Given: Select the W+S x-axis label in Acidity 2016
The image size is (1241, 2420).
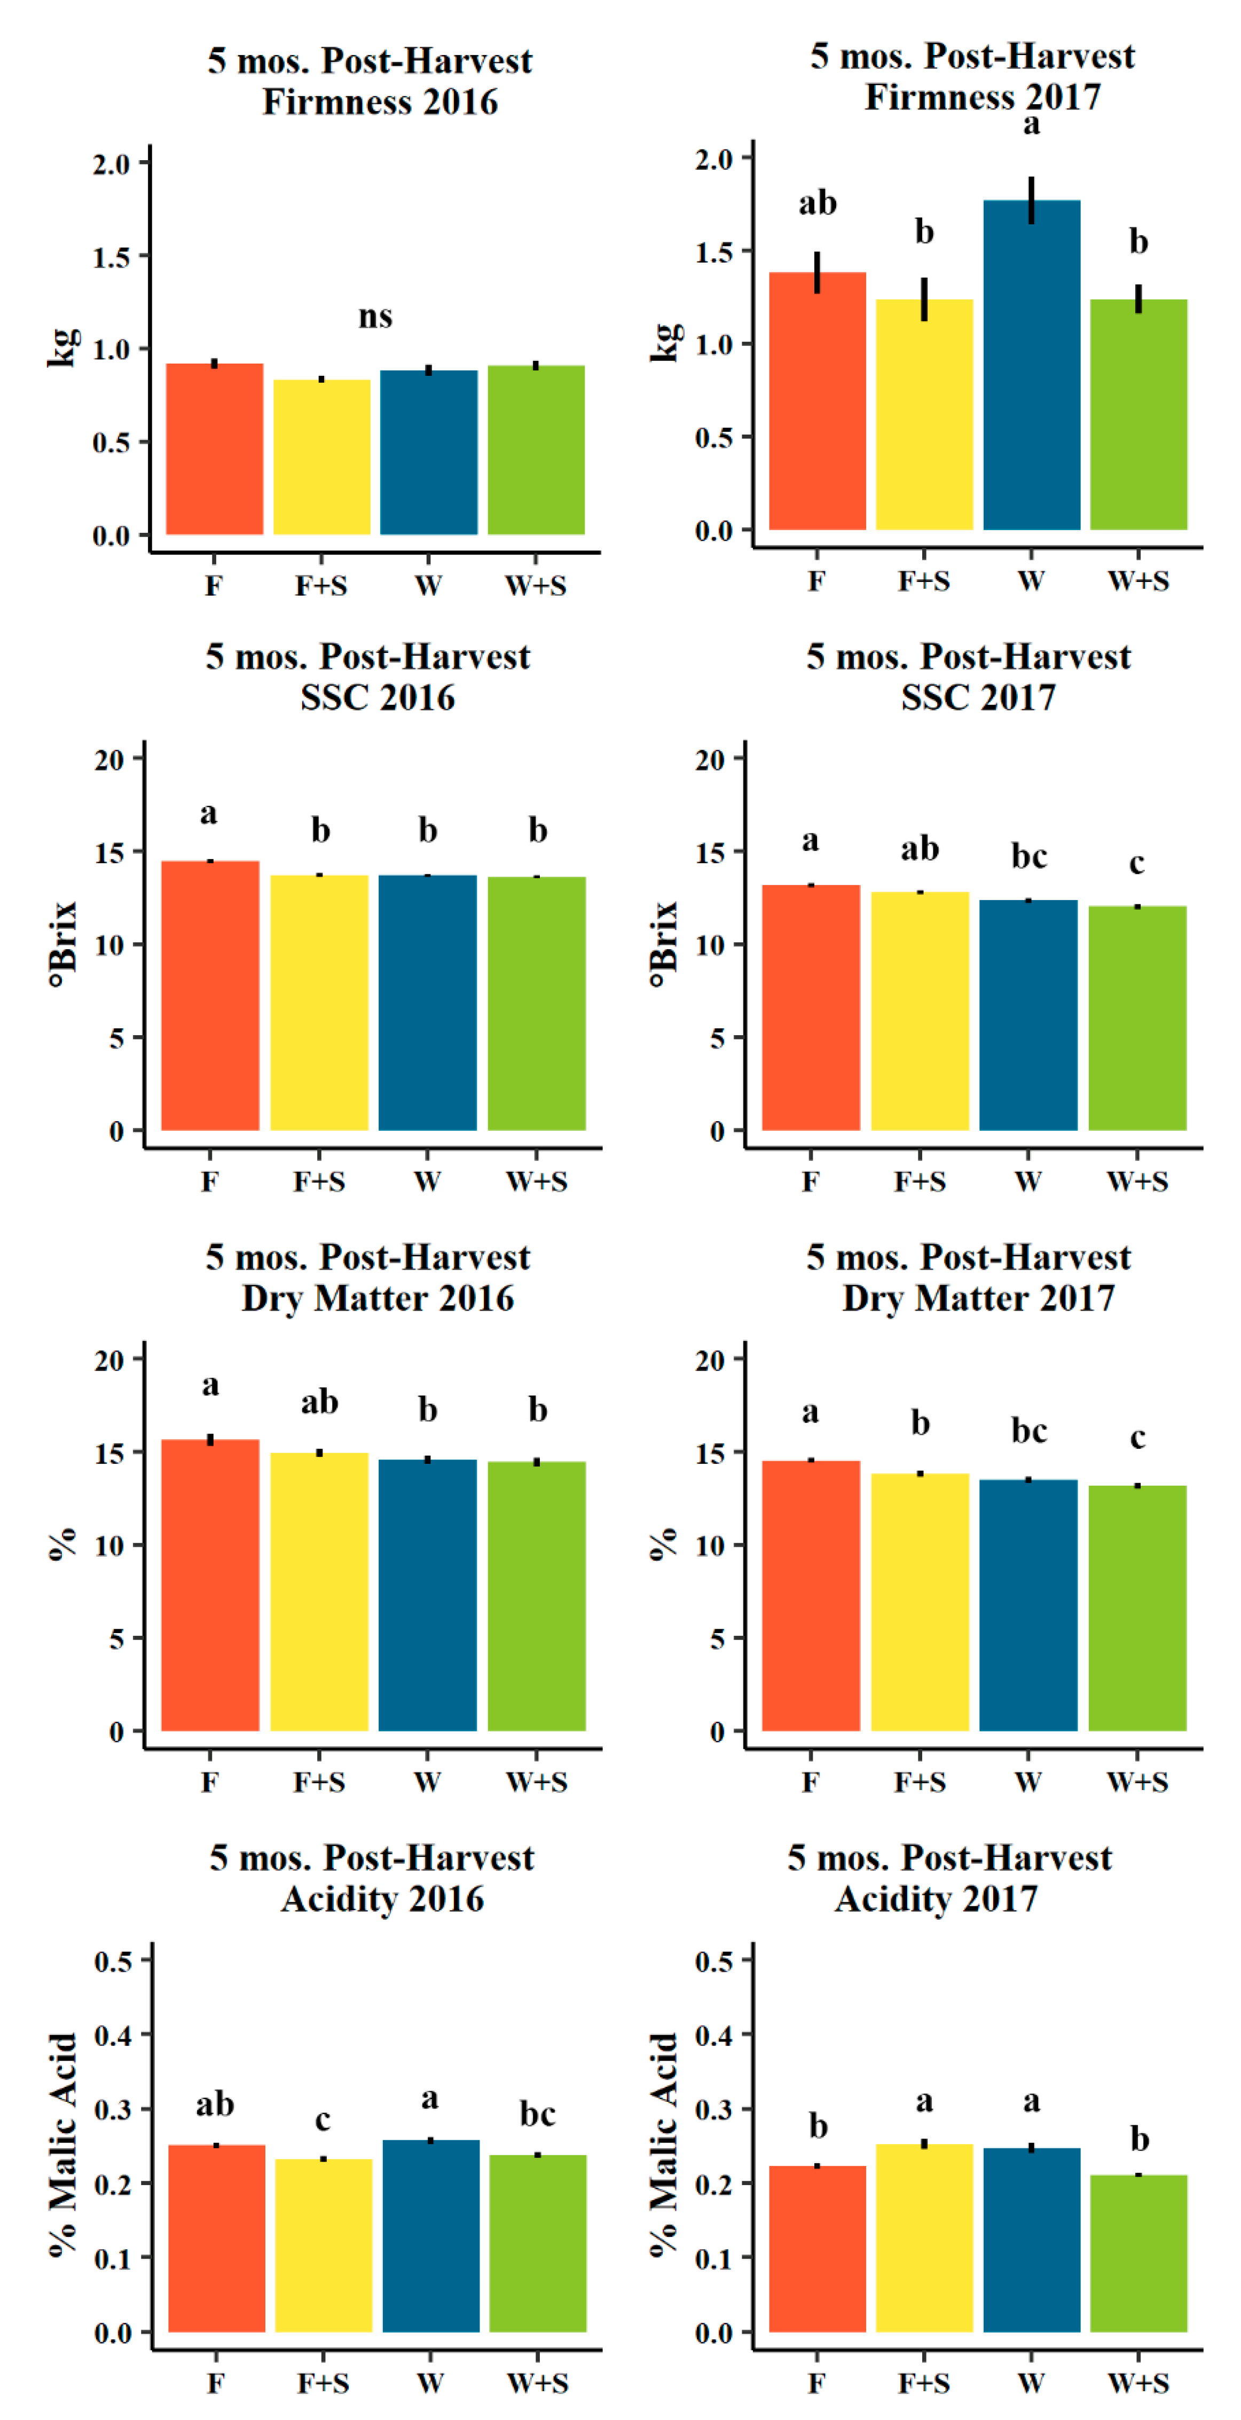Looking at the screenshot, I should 537,2383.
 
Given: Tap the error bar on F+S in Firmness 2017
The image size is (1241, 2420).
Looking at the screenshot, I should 924,299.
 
